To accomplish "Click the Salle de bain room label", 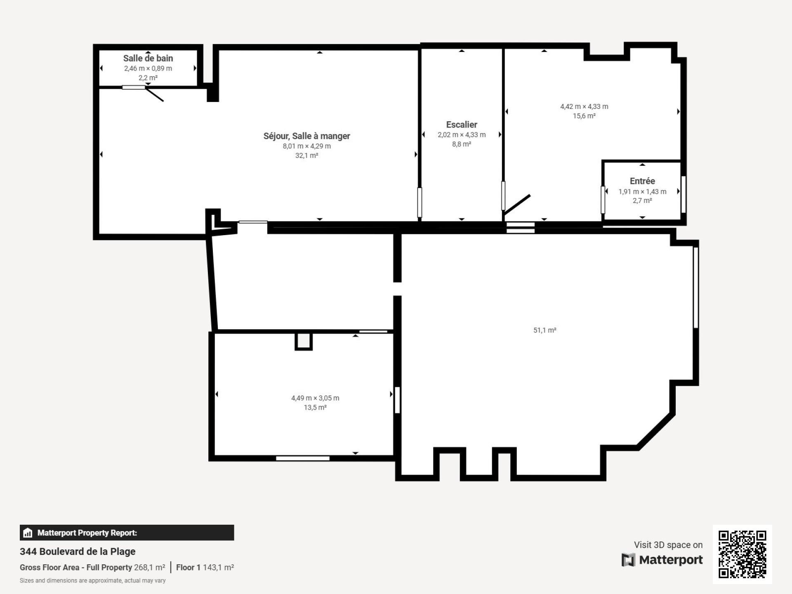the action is [148, 58].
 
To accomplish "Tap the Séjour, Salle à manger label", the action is [307, 136].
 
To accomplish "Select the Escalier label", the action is [462, 125].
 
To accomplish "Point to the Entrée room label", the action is [642, 181].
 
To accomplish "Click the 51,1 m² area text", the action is [545, 330].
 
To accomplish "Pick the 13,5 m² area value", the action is [315, 408].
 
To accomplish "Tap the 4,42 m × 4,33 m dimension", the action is [584, 106].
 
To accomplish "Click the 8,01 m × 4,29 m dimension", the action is [307, 146].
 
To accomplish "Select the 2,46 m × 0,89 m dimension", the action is [148, 68].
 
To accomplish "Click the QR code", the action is [742, 554].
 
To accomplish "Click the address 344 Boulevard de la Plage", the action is [78, 552].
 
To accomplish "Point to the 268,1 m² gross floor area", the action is [149, 567].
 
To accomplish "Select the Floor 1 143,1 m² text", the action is [205, 567].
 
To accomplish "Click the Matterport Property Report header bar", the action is [127, 533].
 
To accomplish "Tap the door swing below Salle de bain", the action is [155, 94].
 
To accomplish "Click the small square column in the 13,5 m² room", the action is [304, 341].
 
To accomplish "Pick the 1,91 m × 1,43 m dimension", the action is [642, 191].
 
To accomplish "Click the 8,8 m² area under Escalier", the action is [462, 144].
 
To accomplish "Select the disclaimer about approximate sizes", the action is [93, 580].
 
